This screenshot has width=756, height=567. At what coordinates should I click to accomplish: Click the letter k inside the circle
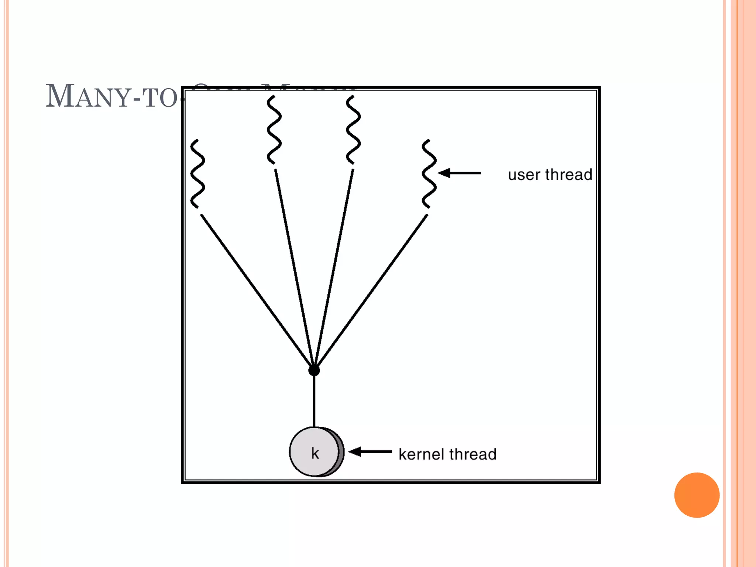[x=315, y=453]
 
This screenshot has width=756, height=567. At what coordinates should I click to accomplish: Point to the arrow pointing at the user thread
[x=460, y=173]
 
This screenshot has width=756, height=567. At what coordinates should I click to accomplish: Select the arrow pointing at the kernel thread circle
[x=370, y=451]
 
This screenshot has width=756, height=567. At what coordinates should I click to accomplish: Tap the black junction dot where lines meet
[x=314, y=370]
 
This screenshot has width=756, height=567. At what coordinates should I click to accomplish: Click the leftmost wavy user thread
[x=197, y=173]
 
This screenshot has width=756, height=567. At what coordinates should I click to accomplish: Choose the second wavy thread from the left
[x=274, y=130]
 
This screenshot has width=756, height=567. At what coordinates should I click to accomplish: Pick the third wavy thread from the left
[x=353, y=130]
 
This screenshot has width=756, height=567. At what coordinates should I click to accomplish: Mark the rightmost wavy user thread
[x=429, y=173]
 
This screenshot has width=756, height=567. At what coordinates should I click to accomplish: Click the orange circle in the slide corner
[x=697, y=495]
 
